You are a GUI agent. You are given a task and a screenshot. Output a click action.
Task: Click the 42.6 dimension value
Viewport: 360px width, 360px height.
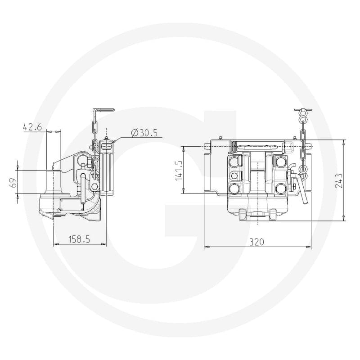pos(32,127)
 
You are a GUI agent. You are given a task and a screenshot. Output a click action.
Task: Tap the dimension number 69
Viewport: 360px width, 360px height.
pos(14,182)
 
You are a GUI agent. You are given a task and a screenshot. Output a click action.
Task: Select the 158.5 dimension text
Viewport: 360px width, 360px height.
pos(80,239)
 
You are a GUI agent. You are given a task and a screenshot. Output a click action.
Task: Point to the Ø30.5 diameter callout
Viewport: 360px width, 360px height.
pos(144,133)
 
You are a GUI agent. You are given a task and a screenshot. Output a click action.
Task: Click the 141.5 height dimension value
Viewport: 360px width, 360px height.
pos(179,170)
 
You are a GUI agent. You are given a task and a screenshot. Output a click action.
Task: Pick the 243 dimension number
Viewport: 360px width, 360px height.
pos(338,181)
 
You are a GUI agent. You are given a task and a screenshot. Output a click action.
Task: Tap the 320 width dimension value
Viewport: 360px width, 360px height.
pos(257,242)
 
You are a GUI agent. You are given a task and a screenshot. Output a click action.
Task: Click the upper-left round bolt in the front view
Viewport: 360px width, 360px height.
pos(234,162)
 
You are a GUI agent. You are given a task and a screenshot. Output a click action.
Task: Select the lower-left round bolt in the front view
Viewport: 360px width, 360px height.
pos(234,189)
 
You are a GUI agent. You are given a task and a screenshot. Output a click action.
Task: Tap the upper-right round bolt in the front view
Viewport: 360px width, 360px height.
pos(280,162)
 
